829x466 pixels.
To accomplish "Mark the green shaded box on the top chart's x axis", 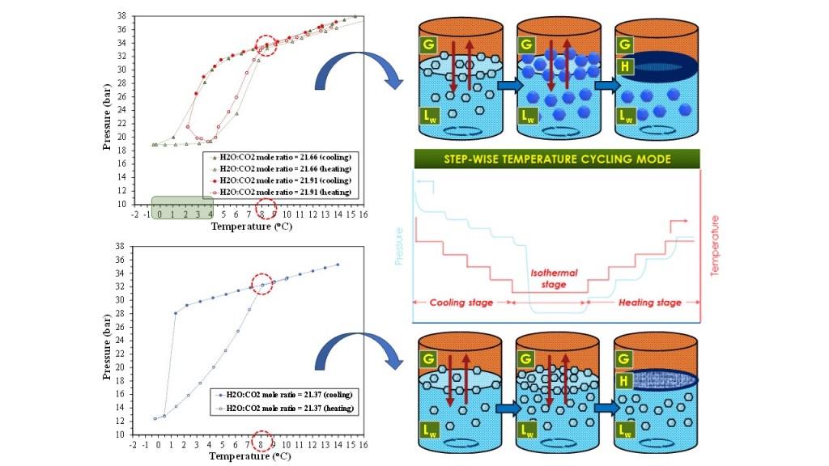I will point(182,208).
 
